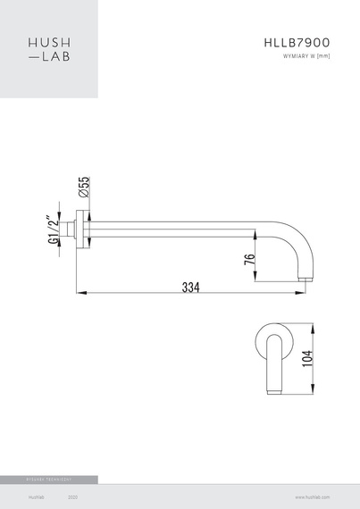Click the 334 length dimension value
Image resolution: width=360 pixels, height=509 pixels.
[x=190, y=287]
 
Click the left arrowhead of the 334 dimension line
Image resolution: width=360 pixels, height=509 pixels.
[x=78, y=293]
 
